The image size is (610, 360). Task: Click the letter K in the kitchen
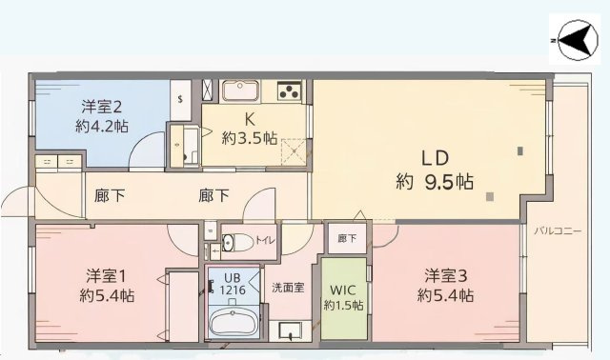pos(250,119)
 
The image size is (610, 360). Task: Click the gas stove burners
pos(289,91)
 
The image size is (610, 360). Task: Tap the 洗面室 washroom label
pos(288,287)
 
